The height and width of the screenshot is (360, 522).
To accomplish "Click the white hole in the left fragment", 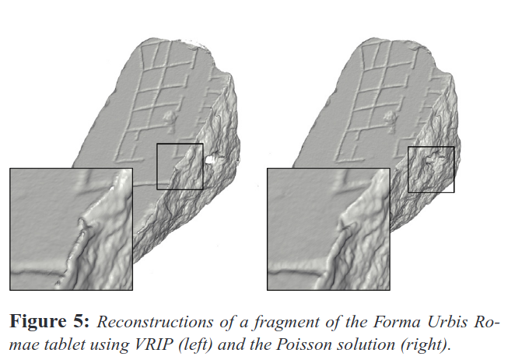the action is [x=209, y=159].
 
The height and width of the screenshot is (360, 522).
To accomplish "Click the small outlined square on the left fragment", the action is [x=180, y=166].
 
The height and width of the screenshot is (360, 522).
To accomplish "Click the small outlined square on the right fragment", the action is [x=431, y=170].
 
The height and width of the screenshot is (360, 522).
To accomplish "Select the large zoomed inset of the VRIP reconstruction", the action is [x=72, y=229].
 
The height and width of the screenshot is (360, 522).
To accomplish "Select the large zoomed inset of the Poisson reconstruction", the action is [x=328, y=229].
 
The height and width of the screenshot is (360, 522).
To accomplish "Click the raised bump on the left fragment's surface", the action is [x=170, y=121].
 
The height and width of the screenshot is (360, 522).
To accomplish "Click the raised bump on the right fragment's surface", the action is [x=389, y=121].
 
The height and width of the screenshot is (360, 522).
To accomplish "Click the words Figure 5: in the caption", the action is [x=50, y=322].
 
